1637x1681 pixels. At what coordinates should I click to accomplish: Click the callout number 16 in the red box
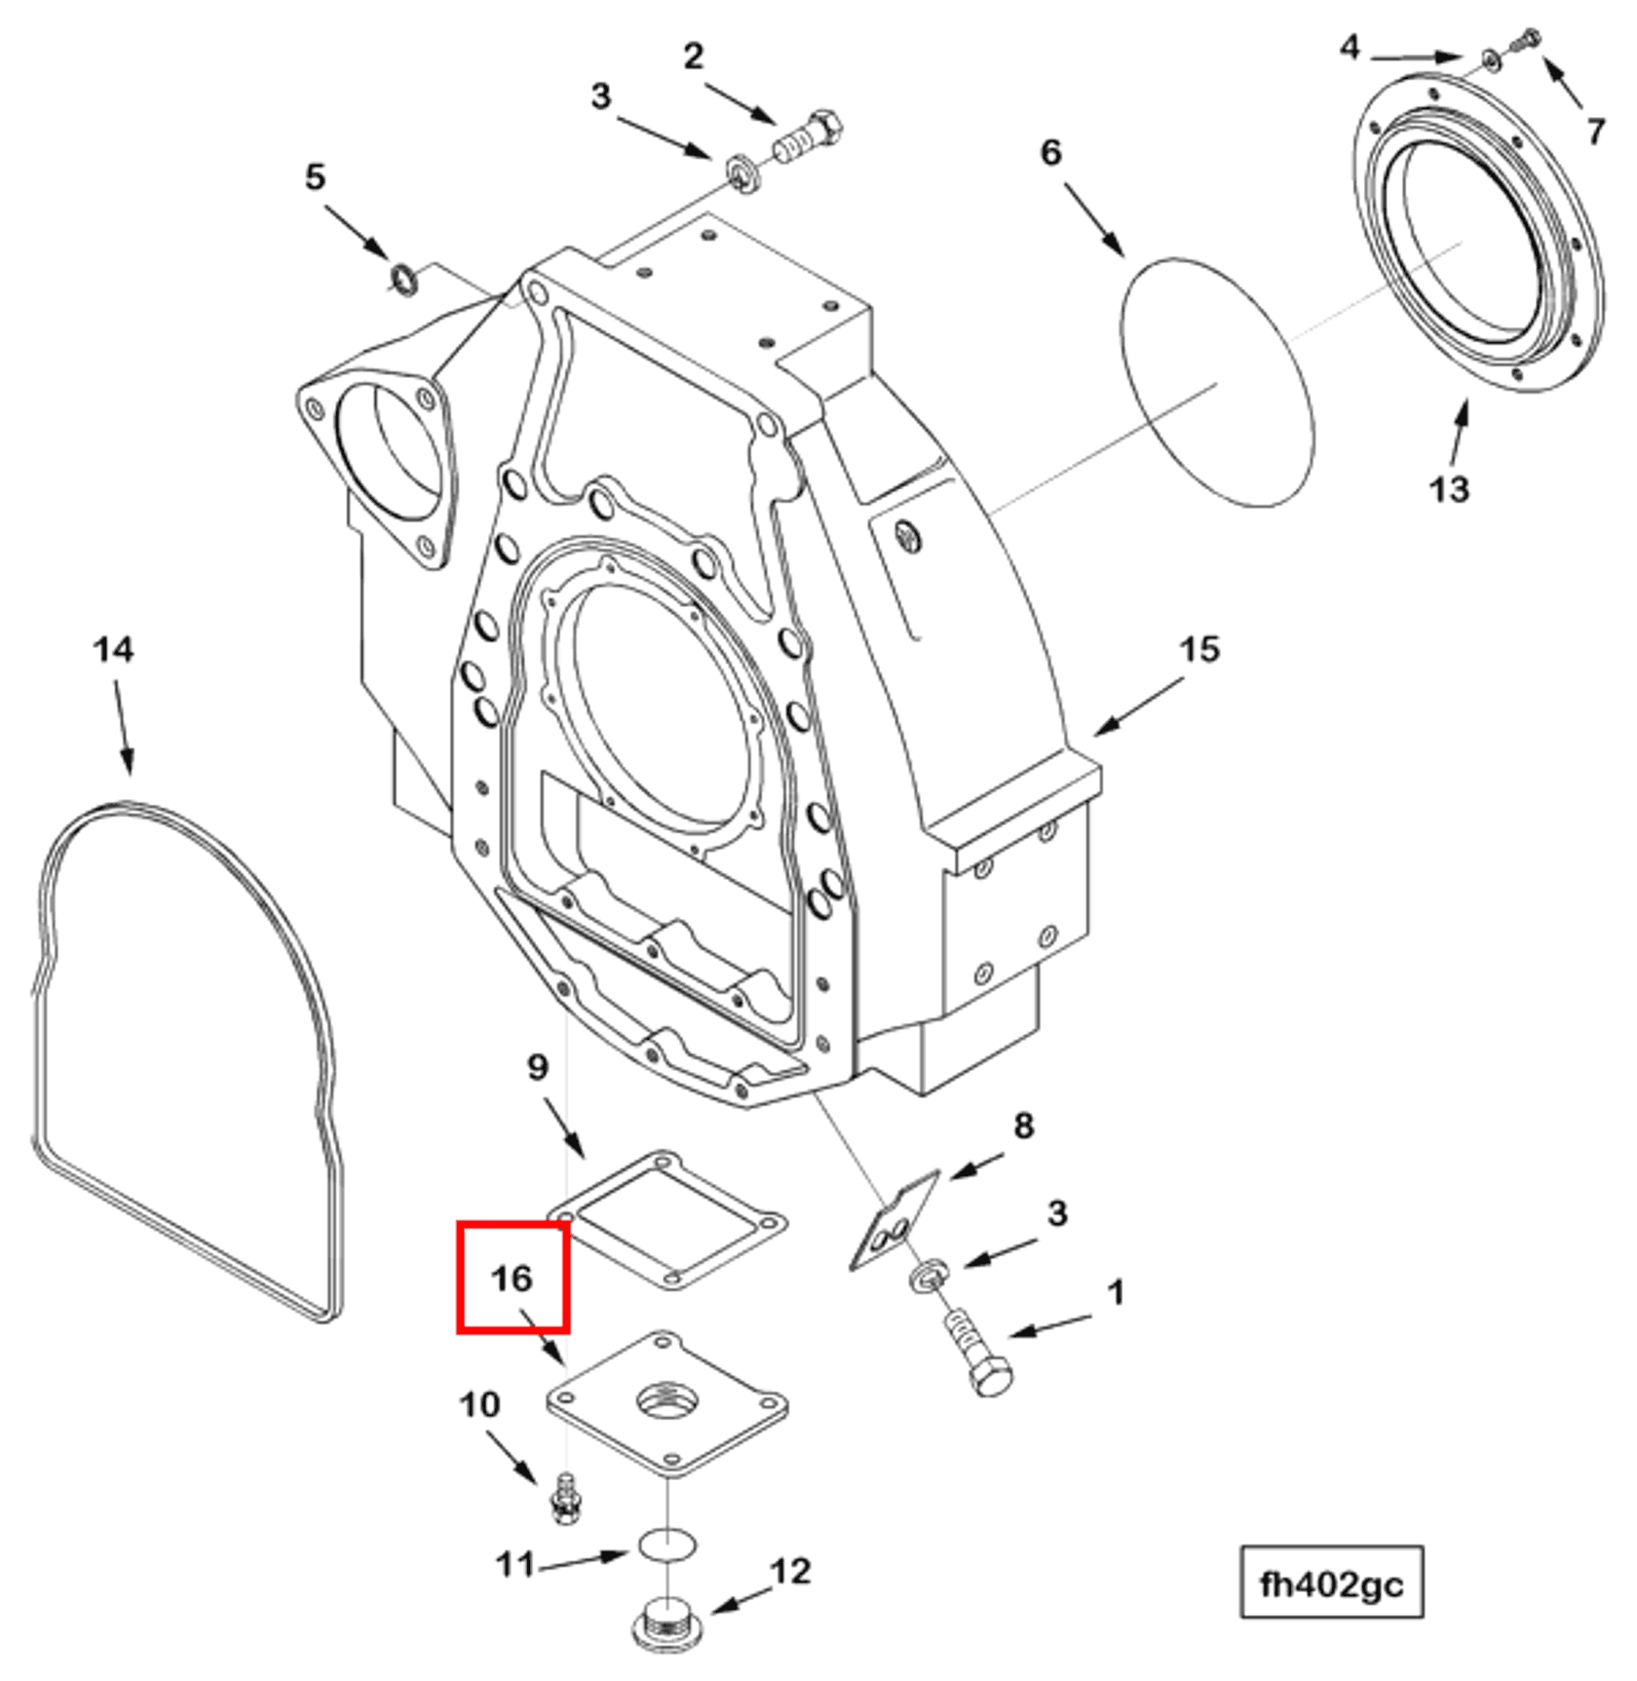512,1278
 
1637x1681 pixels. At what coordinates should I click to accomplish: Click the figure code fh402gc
1331,1585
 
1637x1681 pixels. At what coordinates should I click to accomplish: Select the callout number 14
113,649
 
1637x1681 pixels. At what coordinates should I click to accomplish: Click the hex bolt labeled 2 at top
809,138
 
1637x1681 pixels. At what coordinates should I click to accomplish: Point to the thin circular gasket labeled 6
1217,382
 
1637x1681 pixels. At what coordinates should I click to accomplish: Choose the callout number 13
1449,488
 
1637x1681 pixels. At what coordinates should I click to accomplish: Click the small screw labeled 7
1525,40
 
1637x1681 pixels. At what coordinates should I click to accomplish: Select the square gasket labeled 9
668,1219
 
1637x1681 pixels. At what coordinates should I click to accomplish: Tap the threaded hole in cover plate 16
667,1402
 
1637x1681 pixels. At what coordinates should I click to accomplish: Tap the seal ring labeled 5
402,279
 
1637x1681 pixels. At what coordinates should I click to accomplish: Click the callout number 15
1199,649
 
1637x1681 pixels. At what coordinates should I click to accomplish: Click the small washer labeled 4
1491,60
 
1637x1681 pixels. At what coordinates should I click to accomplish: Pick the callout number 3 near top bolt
601,96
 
